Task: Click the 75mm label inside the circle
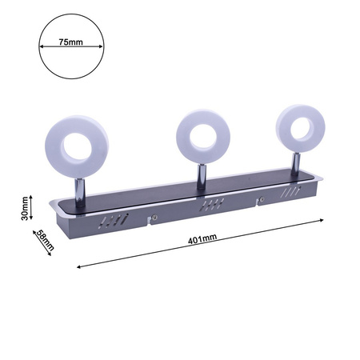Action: click(x=71, y=44)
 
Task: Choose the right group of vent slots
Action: click(x=290, y=193)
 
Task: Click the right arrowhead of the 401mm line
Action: click(x=322, y=218)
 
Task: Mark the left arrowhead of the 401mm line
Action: click(x=78, y=267)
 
